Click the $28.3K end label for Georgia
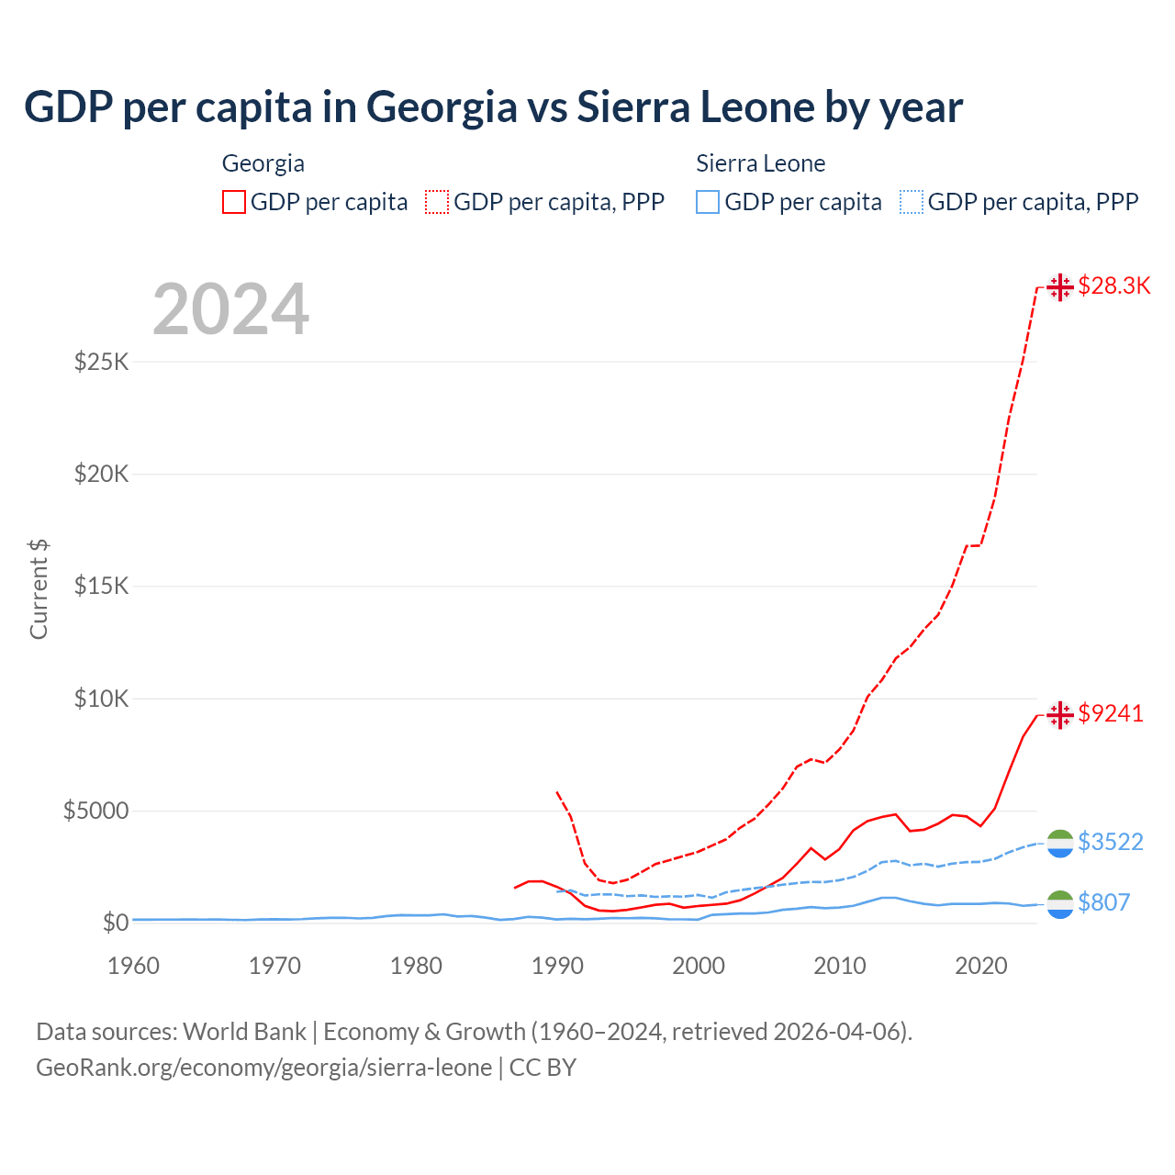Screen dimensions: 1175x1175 click(1113, 286)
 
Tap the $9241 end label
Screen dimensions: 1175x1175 click(1111, 714)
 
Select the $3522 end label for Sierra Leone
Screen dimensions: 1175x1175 click(1111, 843)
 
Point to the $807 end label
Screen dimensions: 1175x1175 click(1103, 903)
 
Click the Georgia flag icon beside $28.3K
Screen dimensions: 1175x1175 click(1060, 287)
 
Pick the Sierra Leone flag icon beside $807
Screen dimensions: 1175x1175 click(1060, 904)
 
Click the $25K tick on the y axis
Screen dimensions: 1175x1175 click(102, 362)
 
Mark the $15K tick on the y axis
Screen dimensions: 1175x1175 click(102, 587)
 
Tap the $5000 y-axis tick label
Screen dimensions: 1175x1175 click(95, 811)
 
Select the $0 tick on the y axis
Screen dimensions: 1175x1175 click(115, 923)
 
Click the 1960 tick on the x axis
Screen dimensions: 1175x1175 click(134, 966)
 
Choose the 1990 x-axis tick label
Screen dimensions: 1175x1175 click(557, 966)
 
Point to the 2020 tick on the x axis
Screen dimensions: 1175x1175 click(981, 966)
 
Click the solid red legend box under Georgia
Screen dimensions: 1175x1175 click(234, 202)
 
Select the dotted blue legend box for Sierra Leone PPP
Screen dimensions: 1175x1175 click(912, 202)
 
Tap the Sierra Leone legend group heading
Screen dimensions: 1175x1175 click(760, 163)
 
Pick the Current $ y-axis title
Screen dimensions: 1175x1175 click(39, 589)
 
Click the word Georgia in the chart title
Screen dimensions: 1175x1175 click(442, 106)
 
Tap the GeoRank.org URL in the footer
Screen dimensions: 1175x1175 click(264, 1068)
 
